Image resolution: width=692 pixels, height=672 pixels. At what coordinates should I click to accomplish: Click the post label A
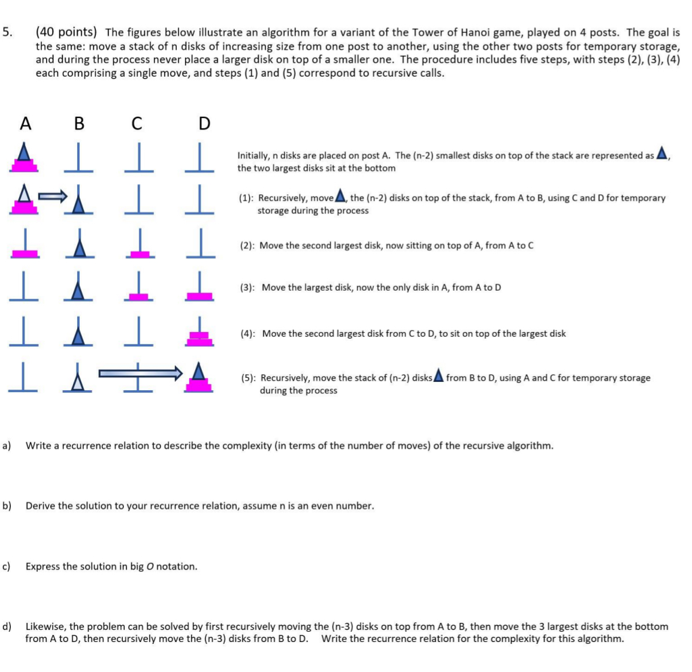(x=25, y=123)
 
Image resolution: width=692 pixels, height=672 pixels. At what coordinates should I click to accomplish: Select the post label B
(x=79, y=123)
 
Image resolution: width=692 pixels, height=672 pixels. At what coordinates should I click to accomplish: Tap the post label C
(x=137, y=123)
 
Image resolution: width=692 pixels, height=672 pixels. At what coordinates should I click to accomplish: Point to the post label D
(x=204, y=123)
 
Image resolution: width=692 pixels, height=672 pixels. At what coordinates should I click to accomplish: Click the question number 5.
(x=7, y=32)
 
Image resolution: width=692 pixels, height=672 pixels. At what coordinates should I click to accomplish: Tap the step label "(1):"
(x=246, y=198)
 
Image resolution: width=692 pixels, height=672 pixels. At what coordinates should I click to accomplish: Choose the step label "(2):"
(x=248, y=246)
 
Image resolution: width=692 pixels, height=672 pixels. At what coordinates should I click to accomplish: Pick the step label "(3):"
(x=249, y=288)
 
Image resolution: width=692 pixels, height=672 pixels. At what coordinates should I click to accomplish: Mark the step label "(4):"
(x=249, y=334)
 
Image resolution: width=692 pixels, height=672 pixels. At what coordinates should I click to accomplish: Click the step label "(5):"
(x=249, y=378)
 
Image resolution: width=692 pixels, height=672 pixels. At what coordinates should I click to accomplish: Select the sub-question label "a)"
(x=7, y=445)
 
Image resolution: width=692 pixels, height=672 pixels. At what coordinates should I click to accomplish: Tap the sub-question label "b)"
(x=7, y=506)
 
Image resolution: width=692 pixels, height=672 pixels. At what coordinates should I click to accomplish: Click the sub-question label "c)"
(x=7, y=566)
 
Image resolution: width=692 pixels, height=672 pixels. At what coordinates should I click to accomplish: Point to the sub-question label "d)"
(x=7, y=626)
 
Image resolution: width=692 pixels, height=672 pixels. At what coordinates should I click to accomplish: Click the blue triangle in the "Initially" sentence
(x=662, y=153)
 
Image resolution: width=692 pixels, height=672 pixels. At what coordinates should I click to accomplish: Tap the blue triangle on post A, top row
(x=23, y=152)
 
